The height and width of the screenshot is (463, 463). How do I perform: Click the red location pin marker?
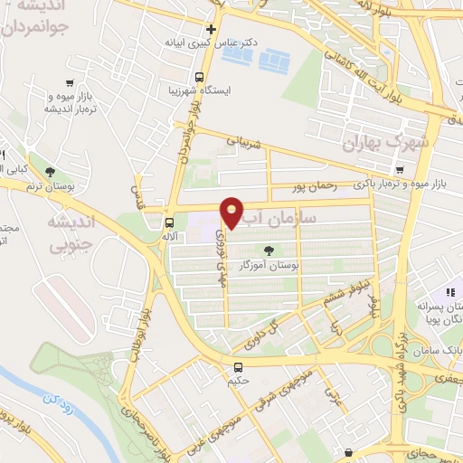pos(232,211)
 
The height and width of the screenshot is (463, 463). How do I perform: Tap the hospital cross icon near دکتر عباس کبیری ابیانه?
pos(211,29)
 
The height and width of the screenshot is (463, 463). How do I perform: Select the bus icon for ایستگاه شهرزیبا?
pos(199,77)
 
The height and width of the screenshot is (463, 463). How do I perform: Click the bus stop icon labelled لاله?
pos(169,222)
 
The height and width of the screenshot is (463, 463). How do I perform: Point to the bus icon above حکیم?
pos(238,368)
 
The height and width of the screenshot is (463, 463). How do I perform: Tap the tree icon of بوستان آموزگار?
pos(267,251)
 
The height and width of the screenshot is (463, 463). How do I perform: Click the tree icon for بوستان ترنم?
pos(50,171)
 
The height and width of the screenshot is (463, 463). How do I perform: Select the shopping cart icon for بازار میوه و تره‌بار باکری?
pos(399,170)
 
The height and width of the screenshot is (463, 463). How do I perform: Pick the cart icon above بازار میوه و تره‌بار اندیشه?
pos(70,81)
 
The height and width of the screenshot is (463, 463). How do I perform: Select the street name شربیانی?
pos(242,143)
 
